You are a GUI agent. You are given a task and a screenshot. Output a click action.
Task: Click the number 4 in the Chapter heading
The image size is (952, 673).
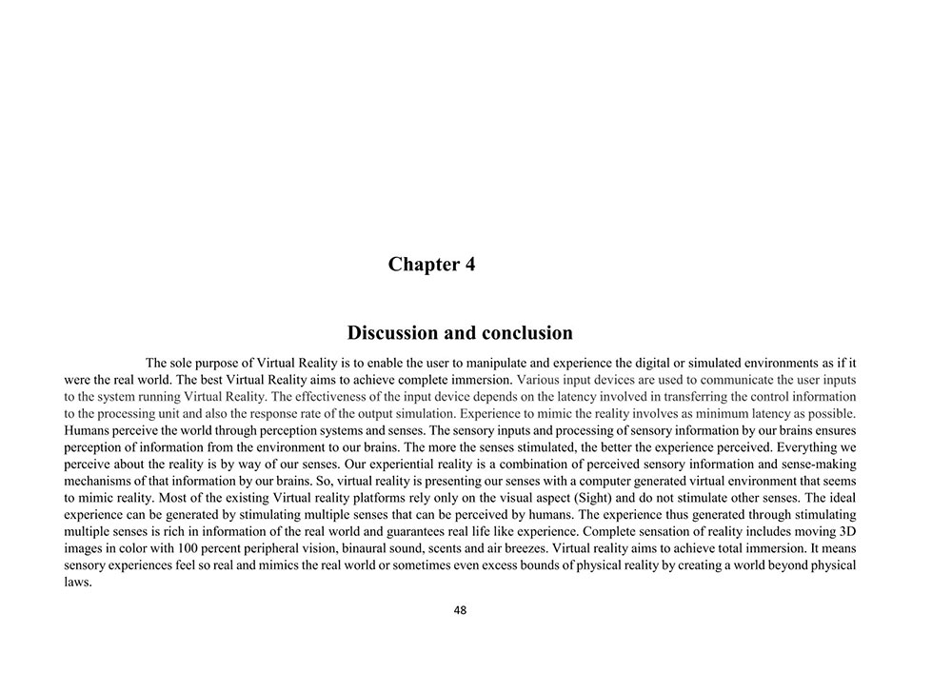tap(468, 265)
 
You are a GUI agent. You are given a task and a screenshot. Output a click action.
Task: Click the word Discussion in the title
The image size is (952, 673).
tap(391, 333)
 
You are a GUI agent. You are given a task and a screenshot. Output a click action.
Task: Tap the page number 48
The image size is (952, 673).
tap(461, 611)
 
